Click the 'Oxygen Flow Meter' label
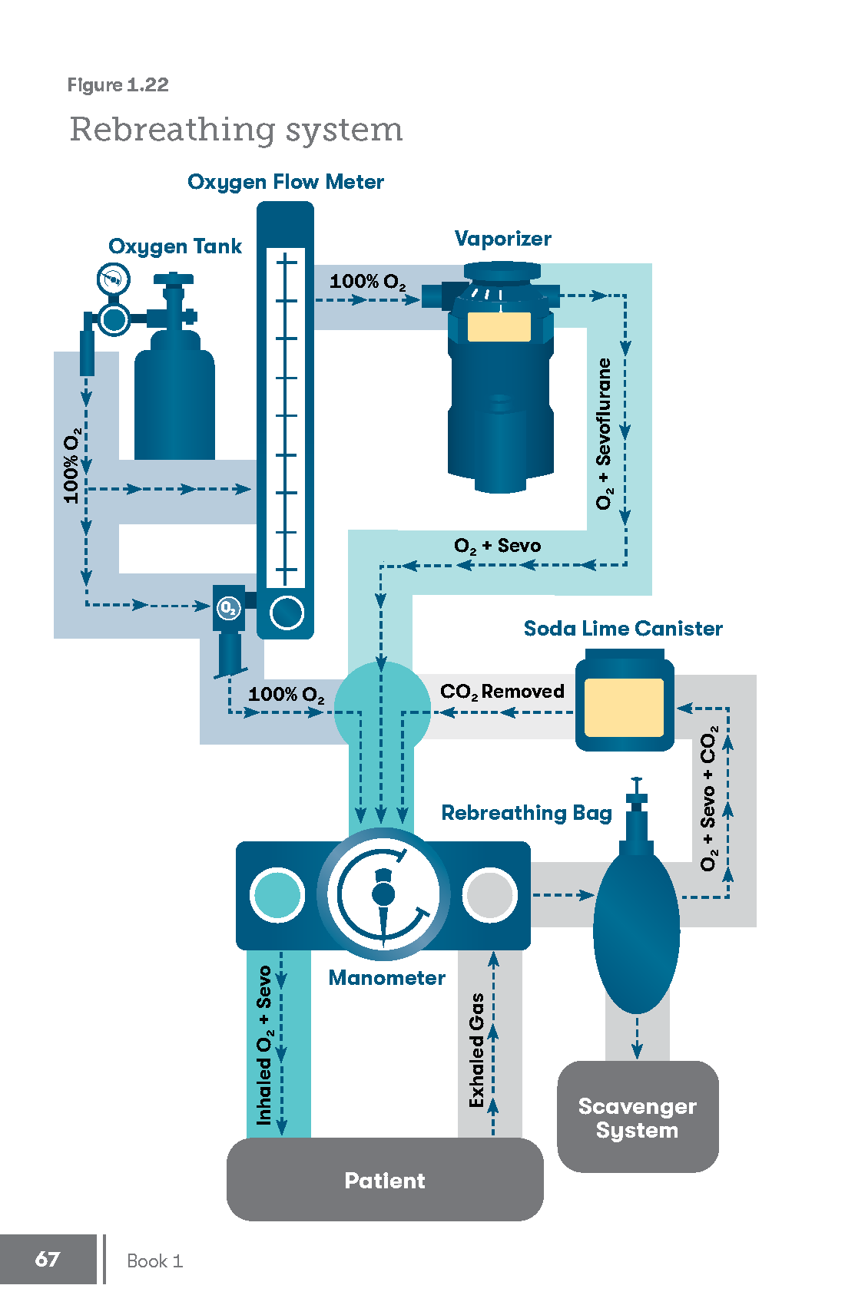tap(285, 182)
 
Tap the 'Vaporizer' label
tap(502, 239)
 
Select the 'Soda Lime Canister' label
tap(623, 629)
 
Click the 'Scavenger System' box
tap(638, 1117)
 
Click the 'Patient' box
tap(385, 1180)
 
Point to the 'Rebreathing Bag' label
tap(526, 813)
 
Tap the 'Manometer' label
tap(386, 977)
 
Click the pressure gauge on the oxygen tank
tap(113, 279)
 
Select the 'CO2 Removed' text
tap(502, 692)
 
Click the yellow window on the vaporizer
tap(499, 326)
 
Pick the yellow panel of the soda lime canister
tap(624, 707)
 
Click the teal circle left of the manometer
tap(277, 894)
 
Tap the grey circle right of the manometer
tap(489, 894)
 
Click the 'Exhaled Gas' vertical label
tap(477, 1050)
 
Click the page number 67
tap(48, 1259)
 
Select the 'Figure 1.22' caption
tap(118, 84)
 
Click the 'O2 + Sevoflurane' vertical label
tap(605, 433)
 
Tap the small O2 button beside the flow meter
tap(228, 609)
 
